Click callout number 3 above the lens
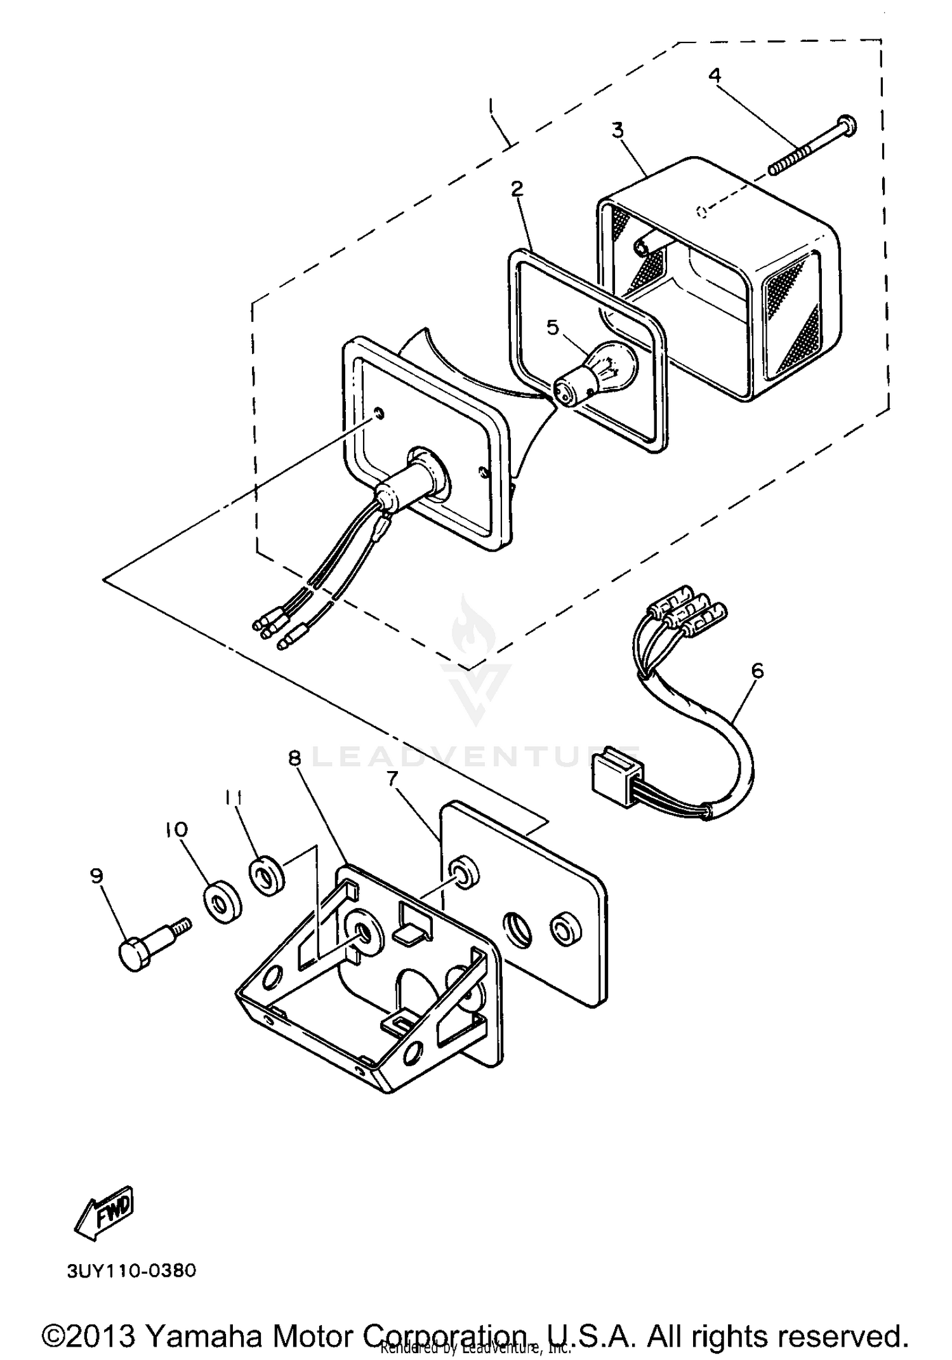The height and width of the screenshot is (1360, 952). click(617, 130)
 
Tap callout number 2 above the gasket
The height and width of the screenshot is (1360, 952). click(517, 188)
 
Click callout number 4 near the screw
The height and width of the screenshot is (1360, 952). click(715, 76)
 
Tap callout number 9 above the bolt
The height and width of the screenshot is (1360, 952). click(96, 876)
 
